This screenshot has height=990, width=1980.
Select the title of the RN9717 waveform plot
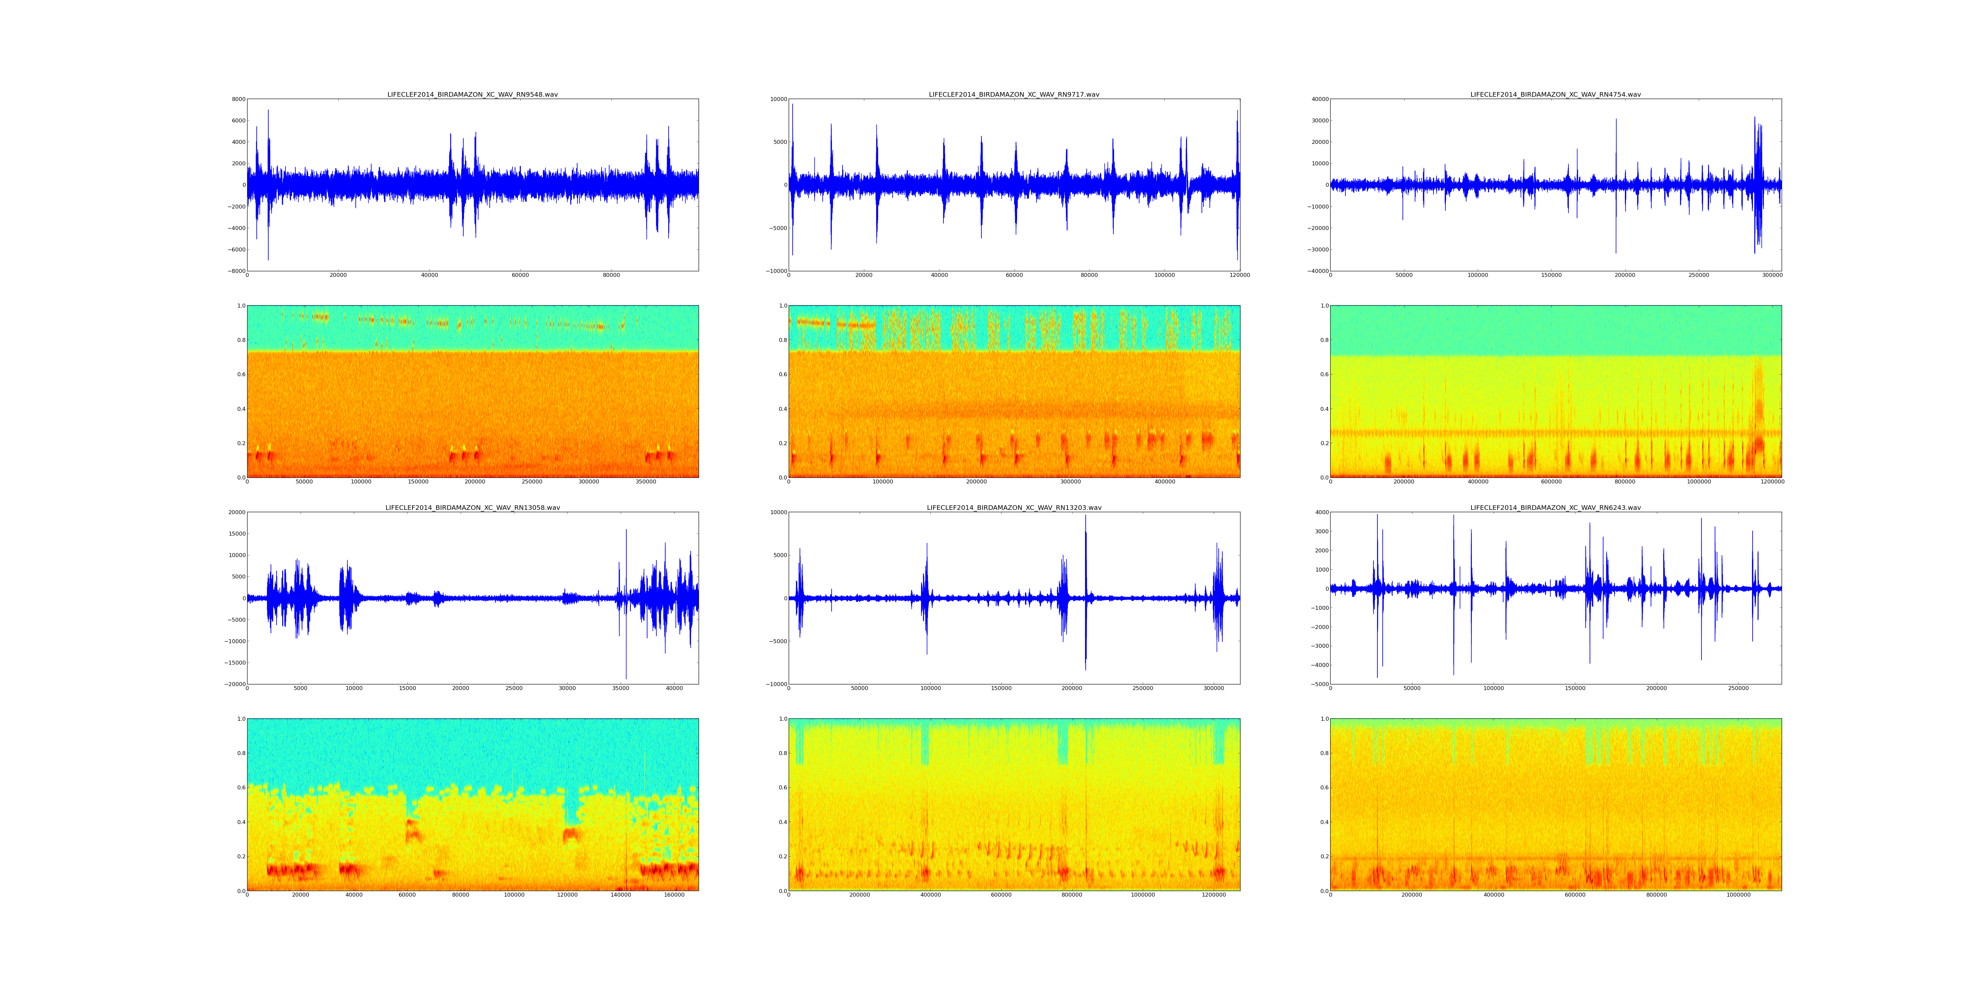pyautogui.click(x=1014, y=94)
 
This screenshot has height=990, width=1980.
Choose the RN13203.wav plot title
pyautogui.click(x=1014, y=507)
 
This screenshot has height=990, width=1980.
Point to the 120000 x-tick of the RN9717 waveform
pyautogui.click(x=1239, y=275)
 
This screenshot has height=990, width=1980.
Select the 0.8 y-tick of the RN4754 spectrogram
pyautogui.click(x=1324, y=340)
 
